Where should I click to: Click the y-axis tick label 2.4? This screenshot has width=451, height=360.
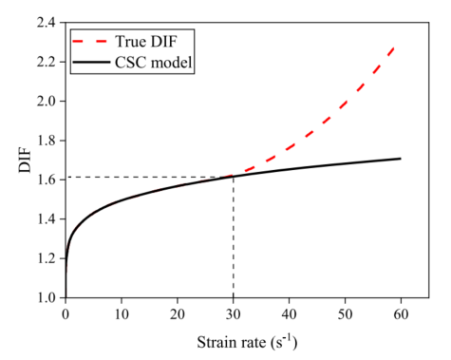[46, 23]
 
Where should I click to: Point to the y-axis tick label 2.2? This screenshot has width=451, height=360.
[46, 62]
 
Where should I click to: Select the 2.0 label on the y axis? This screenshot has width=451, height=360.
[46, 102]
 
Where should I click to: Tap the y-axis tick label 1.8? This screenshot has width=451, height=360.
[46, 141]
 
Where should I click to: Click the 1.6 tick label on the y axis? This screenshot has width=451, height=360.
[46, 180]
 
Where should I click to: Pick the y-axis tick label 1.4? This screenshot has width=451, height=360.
[46, 219]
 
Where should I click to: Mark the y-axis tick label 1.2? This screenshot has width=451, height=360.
[46, 258]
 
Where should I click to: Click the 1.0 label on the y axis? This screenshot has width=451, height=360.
[46, 297]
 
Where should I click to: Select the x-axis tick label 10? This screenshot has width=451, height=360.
[122, 314]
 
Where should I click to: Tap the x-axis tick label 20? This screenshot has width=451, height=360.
[178, 314]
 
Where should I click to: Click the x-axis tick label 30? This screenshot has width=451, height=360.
[234, 314]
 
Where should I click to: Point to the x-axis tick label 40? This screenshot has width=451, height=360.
[290, 314]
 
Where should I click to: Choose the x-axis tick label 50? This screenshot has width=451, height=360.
[345, 314]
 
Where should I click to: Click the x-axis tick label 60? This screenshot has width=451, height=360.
[401, 314]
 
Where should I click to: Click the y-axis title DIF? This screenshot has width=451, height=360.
[25, 161]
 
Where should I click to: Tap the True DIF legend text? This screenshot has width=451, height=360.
[146, 42]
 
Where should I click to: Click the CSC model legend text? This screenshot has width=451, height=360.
[154, 63]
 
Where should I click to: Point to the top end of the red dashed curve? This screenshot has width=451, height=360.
[394, 47]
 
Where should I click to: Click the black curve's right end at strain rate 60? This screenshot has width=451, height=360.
[401, 159]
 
